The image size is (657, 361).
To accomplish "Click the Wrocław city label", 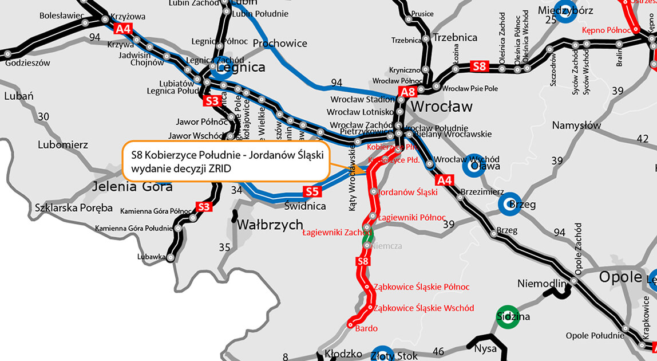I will [x=442, y=107].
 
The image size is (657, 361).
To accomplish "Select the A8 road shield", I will [x=407, y=93].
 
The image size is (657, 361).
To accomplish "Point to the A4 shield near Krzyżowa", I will [x=122, y=29].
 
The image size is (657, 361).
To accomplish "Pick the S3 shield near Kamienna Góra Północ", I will [x=204, y=206].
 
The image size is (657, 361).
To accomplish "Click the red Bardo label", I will [x=367, y=328].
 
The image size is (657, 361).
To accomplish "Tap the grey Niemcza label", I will [x=387, y=246].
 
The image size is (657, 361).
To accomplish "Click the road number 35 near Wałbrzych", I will [x=224, y=248].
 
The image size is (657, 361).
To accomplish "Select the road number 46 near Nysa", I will [x=438, y=351].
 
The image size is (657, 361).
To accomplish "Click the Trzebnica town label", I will [x=456, y=37].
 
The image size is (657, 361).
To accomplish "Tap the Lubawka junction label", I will [x=152, y=257].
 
